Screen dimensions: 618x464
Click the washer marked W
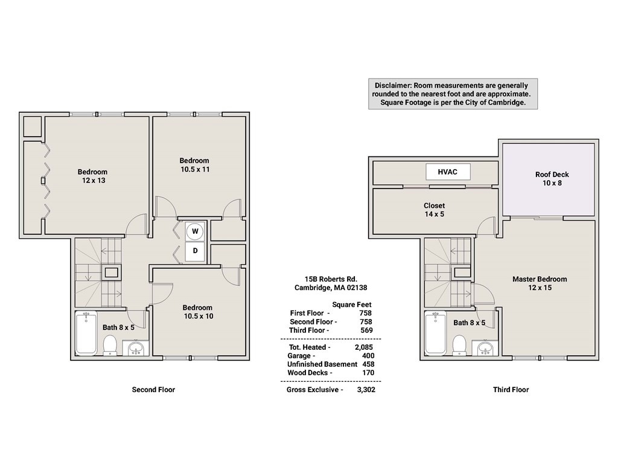pyautogui.click(x=195, y=231)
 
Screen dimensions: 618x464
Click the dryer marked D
pyautogui.click(x=195, y=251)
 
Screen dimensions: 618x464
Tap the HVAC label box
pyautogui.click(x=448, y=172)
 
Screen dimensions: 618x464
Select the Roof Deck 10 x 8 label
pyautogui.click(x=552, y=179)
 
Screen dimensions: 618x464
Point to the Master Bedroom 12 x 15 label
pyautogui.click(x=540, y=283)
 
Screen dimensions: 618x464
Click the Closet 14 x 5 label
pyautogui.click(x=434, y=210)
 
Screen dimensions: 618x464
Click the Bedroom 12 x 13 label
pyautogui.click(x=92, y=176)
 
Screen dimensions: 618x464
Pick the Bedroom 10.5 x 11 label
pyautogui.click(x=194, y=165)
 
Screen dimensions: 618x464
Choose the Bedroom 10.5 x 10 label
pyautogui.click(x=197, y=312)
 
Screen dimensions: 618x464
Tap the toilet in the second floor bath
pyautogui.click(x=110, y=345)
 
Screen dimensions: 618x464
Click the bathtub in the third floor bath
pyautogui.click(x=435, y=332)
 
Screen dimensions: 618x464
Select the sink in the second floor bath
pyautogui.click(x=136, y=348)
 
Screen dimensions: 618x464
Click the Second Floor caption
pyautogui.click(x=153, y=390)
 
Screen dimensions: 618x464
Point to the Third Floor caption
pyautogui.click(x=511, y=390)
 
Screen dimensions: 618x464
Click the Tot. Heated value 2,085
pyautogui.click(x=364, y=347)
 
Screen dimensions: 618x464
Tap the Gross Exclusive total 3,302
pyautogui.click(x=366, y=390)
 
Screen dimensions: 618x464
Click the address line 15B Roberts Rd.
pyautogui.click(x=331, y=279)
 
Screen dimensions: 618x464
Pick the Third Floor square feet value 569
pyautogui.click(x=366, y=330)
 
